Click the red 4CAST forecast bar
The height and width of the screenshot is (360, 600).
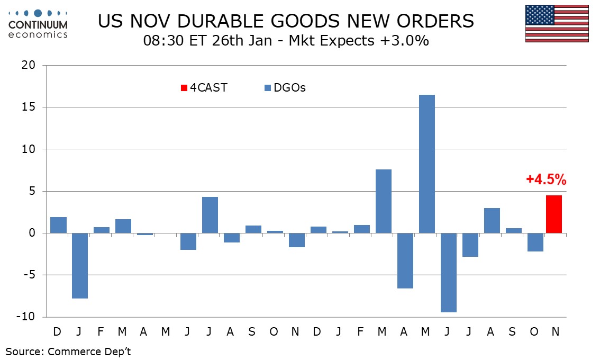[554, 214]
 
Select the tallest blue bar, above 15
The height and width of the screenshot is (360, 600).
[427, 164]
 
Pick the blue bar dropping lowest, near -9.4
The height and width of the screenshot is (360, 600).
[449, 272]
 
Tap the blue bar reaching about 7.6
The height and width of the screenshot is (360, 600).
[384, 201]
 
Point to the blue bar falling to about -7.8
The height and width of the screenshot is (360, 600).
[80, 265]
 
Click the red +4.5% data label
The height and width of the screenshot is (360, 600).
[546, 180]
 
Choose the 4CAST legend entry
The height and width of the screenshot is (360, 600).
[204, 88]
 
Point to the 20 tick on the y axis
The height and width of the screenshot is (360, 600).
[29, 65]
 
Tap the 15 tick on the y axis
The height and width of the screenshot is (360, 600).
[29, 107]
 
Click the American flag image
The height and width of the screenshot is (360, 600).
[557, 23]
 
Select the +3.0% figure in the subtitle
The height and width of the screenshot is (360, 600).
[408, 41]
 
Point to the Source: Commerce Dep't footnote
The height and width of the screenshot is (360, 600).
[68, 351]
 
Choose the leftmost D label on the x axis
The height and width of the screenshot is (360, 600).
[57, 331]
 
